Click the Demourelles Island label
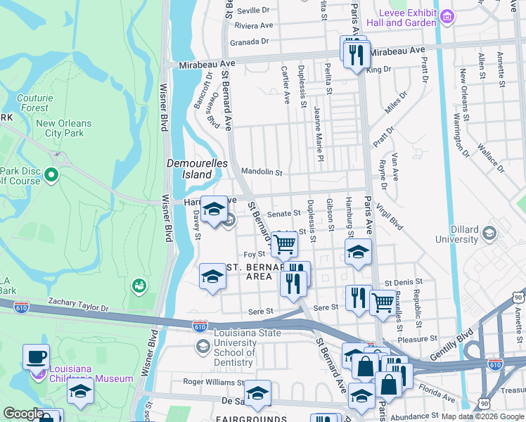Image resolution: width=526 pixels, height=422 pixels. click(x=189, y=169)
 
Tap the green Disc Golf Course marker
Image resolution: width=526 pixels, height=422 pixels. click(x=51, y=174)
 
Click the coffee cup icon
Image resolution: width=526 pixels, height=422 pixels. click(x=36, y=356)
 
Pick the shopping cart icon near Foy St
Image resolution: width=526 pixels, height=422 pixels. click(x=284, y=244)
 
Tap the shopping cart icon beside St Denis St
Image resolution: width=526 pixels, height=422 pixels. click(x=382, y=302)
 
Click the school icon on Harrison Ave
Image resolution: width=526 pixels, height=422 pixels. click(x=214, y=209)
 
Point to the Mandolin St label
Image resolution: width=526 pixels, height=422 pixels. click(x=261, y=172)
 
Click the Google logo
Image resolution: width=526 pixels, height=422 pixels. click(x=23, y=414)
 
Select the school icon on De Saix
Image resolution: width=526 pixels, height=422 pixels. click(x=257, y=392)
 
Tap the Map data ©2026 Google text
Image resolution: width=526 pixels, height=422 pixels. click(x=482, y=416)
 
